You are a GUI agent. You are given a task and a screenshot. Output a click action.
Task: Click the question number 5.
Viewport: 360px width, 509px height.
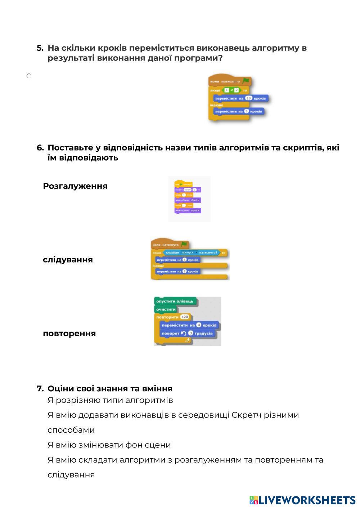click(40, 48)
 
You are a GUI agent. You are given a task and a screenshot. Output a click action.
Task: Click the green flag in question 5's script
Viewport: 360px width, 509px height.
click(246, 81)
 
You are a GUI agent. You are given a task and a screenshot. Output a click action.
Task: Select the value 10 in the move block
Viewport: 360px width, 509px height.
click(248, 98)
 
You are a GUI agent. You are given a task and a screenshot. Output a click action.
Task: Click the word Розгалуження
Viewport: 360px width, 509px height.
click(75, 186)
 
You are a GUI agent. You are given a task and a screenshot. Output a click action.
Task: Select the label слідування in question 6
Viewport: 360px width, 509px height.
click(68, 260)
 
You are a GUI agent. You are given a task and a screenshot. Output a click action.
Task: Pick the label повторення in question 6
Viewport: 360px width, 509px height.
click(69, 333)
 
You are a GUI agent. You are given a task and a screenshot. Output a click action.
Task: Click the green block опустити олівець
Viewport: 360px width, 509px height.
click(175, 301)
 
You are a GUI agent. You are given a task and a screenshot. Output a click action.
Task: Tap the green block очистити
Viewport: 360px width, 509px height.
click(166, 309)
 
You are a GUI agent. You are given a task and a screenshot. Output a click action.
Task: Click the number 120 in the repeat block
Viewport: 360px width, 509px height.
click(185, 317)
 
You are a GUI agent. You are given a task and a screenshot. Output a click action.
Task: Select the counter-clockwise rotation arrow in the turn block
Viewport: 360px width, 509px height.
click(184, 333)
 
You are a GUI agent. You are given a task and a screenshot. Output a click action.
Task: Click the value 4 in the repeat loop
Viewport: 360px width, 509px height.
click(199, 325)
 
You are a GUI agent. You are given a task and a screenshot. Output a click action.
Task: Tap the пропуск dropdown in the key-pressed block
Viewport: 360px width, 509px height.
click(189, 253)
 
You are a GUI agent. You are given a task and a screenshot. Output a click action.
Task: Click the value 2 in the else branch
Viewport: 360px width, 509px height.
click(184, 271)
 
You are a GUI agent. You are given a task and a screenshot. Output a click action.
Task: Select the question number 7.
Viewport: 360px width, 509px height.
click(40, 389)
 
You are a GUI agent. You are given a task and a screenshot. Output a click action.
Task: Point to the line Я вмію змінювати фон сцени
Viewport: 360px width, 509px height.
click(109, 445)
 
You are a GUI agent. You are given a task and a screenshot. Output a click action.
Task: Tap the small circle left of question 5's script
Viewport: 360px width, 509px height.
click(29, 76)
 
